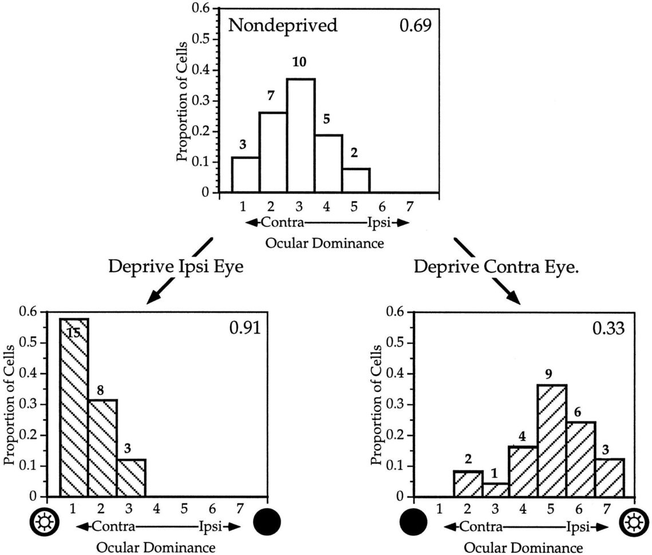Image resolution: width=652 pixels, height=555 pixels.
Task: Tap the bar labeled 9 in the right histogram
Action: pos(552,441)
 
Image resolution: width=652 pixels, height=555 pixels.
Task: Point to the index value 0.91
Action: pos(244,328)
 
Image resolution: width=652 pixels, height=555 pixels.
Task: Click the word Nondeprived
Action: pos(283,26)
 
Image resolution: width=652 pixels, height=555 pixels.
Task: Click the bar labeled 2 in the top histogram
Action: pos(356,180)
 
